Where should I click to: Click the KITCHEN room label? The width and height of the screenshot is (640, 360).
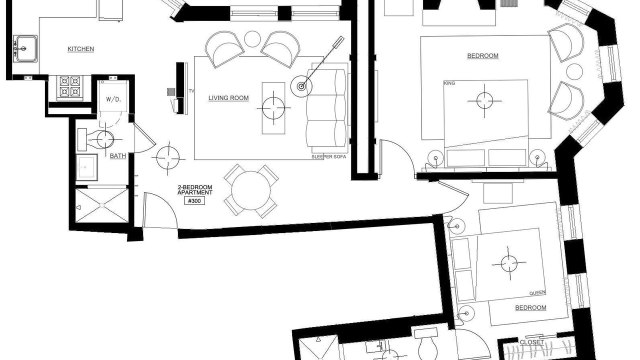pos(80,49)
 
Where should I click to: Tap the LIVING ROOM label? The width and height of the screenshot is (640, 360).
pos(228,98)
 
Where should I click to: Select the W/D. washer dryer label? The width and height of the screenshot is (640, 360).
pos(113,99)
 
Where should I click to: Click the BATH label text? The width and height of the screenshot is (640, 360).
pos(117,155)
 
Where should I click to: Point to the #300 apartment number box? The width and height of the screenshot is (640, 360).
pos(194,201)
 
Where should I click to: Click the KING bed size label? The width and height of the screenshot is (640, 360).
pos(449,83)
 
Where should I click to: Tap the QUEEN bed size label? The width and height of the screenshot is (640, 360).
pos(537,293)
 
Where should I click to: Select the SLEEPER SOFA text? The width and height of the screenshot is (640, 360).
pos(328,157)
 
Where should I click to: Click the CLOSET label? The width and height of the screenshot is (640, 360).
pos(531,342)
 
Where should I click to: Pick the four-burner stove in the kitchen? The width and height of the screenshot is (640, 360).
pos(70,88)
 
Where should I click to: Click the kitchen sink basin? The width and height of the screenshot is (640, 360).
pos(26,48)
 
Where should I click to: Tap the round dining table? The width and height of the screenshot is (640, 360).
pos(251,190)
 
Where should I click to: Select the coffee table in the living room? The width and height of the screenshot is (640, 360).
pos(273,108)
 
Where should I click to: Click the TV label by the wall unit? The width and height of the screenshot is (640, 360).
pos(191,91)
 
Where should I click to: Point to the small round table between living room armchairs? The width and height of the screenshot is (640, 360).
pos(252,39)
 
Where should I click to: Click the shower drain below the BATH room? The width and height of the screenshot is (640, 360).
pos(102,205)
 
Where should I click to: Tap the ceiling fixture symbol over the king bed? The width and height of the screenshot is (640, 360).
pos(484,101)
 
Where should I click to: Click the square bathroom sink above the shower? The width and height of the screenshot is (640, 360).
pos(87,167)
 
